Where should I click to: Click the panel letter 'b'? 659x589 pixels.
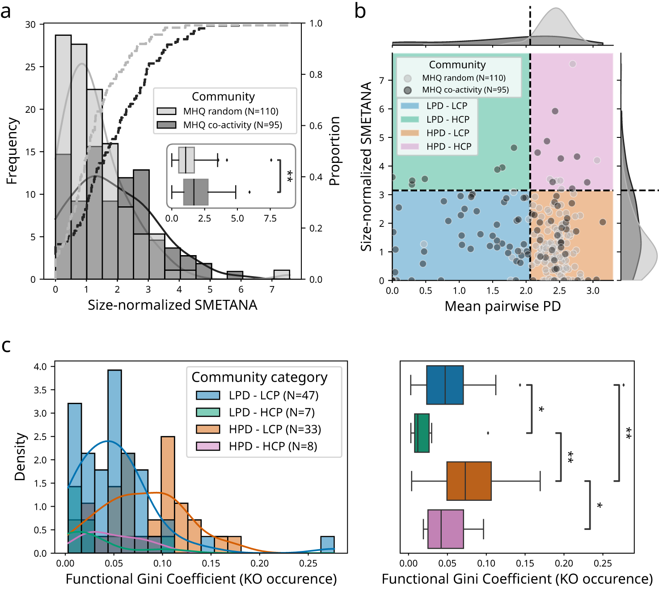tap(360, 11)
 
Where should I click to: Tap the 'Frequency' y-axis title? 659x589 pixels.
tap(12, 151)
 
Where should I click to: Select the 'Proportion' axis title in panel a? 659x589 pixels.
tap(334, 151)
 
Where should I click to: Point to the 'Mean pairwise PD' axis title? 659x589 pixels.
tap(503, 306)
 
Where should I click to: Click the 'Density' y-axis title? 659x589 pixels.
tap(20, 457)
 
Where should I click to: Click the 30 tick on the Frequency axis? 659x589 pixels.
tap(30, 25)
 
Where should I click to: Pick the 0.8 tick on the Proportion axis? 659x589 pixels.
tap(316, 75)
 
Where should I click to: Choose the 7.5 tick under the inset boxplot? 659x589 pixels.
tap(270, 218)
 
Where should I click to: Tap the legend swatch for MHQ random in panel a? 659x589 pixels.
tap(166, 111)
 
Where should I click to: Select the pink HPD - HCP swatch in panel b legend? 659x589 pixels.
tap(410, 146)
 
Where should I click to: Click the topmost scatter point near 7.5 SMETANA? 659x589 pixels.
tap(573, 64)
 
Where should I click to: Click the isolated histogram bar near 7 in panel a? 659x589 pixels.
tap(282, 274)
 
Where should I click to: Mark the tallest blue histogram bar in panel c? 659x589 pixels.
tap(114, 461)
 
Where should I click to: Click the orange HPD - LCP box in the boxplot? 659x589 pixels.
tap(469, 481)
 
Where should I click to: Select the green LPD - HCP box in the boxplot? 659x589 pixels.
tap(422, 433)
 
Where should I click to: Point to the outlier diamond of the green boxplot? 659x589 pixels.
tap(488, 433)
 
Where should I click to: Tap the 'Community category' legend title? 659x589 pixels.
tap(259, 377)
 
